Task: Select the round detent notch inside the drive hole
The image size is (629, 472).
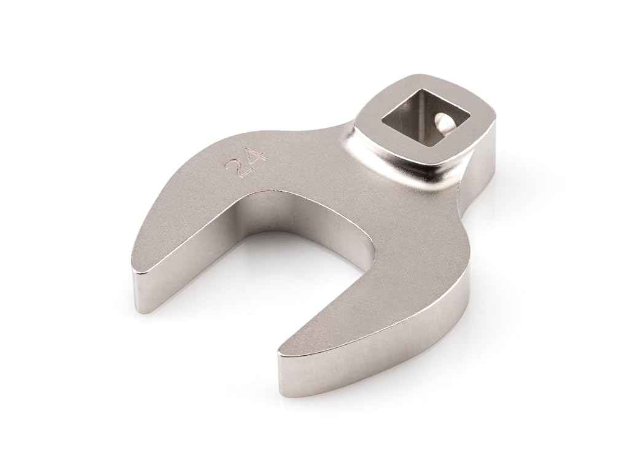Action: tap(442, 121)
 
